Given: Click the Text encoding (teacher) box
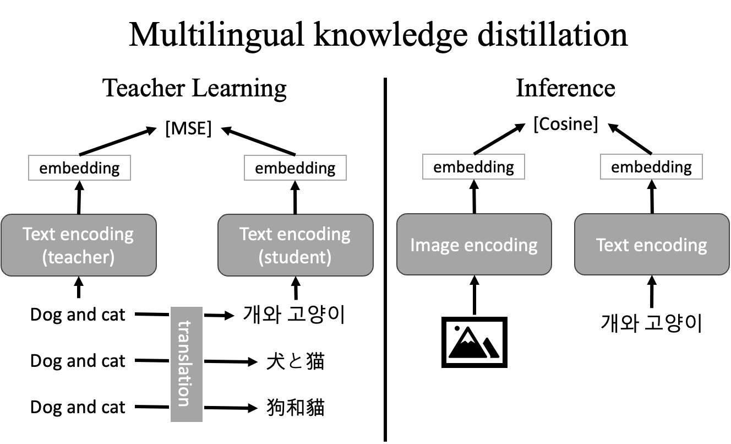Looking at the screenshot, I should (79, 245).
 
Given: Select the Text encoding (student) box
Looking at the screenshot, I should (295, 245).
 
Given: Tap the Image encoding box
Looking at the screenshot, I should (474, 245).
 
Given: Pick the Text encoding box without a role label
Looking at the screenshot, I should (652, 245).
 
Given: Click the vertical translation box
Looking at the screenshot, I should (187, 364).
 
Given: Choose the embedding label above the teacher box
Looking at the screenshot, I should (79, 168).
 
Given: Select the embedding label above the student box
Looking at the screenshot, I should (295, 168).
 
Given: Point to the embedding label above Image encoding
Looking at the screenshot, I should (473, 167).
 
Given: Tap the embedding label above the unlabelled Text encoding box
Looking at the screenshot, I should (651, 167).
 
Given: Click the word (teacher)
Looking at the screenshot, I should (78, 257).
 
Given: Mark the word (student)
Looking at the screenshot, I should (295, 257).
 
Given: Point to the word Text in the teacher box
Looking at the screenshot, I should (40, 234).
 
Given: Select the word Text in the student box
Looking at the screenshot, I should (256, 234).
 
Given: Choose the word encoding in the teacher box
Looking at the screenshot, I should (97, 234).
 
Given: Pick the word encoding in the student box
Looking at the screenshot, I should (314, 234).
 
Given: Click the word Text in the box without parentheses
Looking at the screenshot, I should (613, 245).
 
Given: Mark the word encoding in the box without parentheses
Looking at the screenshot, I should (670, 245).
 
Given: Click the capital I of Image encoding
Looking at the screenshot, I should (413, 245).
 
